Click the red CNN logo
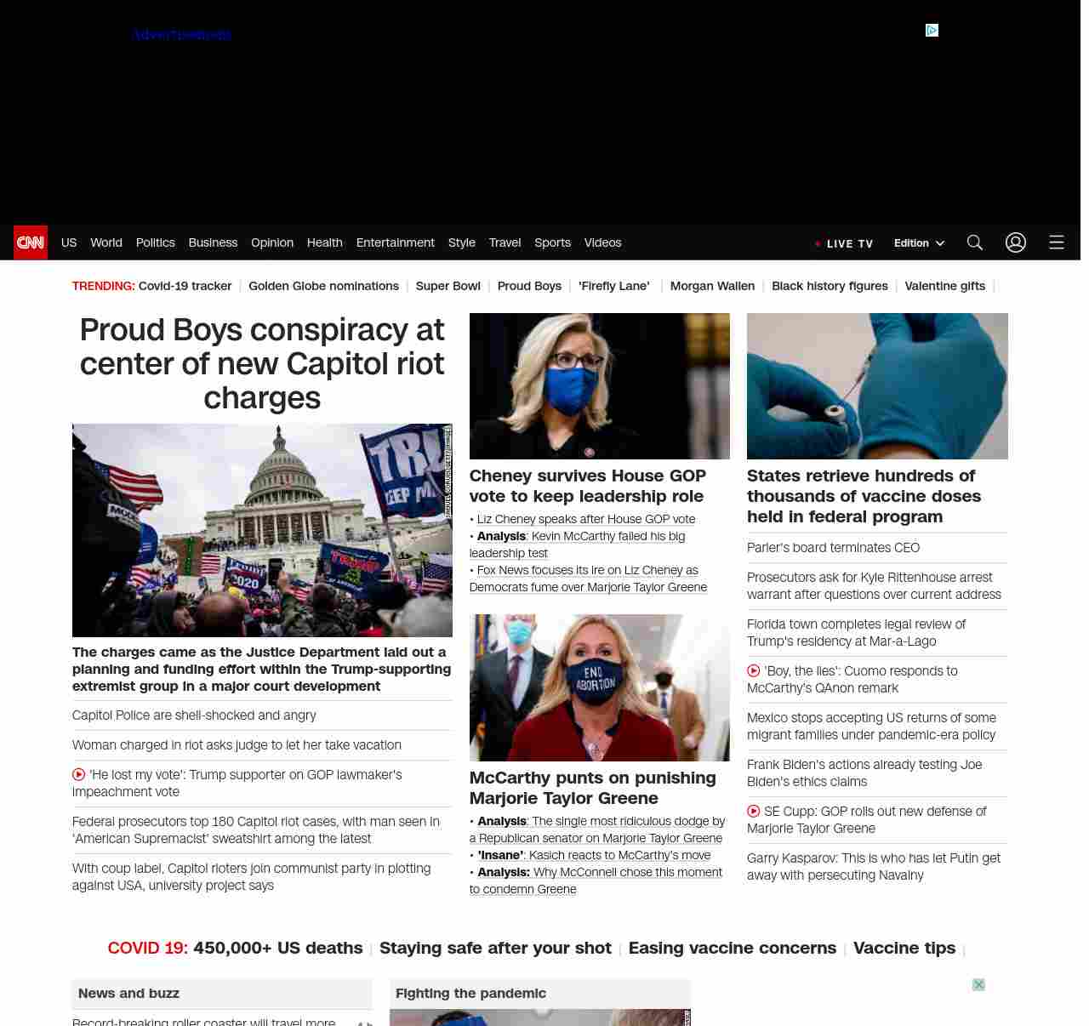(x=31, y=242)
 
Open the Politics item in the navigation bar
(x=155, y=242)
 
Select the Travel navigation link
(x=505, y=242)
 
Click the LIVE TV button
(x=845, y=243)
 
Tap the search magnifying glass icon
(x=975, y=242)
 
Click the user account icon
(x=1016, y=242)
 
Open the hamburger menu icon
(x=1057, y=242)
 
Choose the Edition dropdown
(x=919, y=242)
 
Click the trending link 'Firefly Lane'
(x=613, y=286)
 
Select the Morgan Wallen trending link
(x=712, y=286)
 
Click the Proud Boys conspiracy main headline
(x=262, y=363)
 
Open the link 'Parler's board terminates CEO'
(x=833, y=548)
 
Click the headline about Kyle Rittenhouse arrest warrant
(x=874, y=586)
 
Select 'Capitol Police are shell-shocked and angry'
(x=194, y=715)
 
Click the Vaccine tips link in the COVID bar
(x=904, y=948)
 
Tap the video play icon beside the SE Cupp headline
(x=754, y=812)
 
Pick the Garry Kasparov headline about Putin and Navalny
(x=873, y=867)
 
